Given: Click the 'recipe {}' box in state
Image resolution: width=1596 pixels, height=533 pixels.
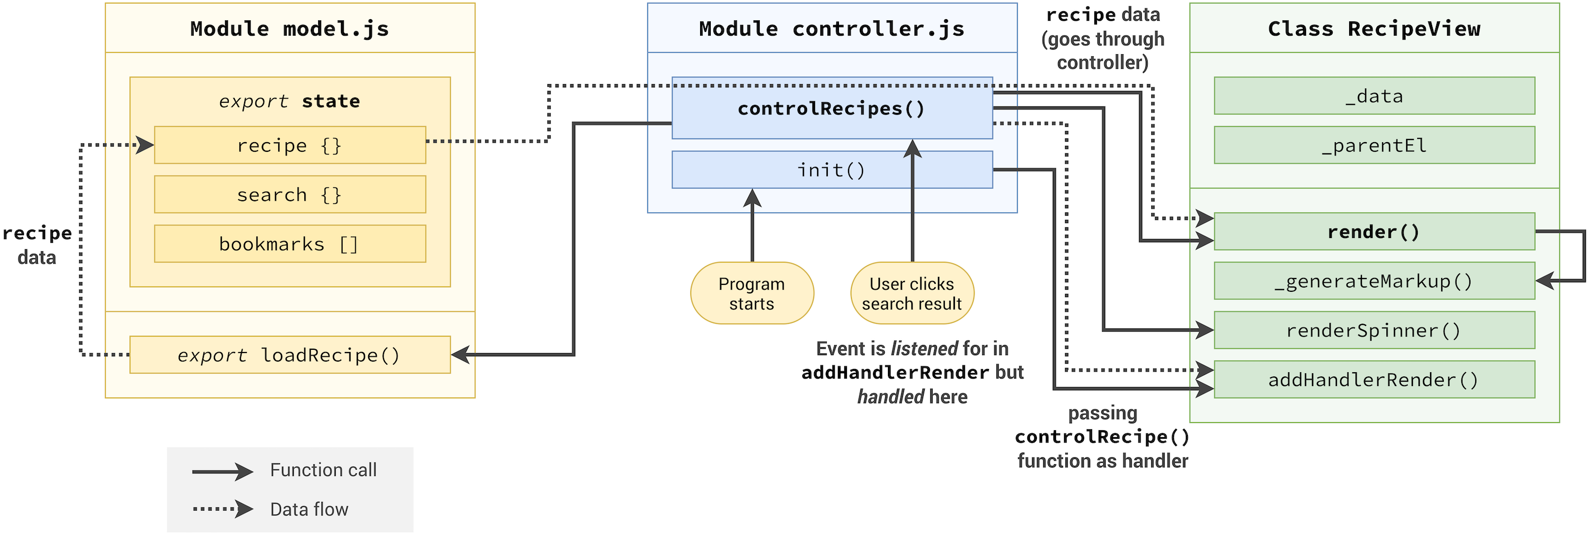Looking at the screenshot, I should pyautogui.click(x=289, y=145).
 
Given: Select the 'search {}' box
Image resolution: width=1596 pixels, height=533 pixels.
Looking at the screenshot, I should pyautogui.click(x=289, y=194).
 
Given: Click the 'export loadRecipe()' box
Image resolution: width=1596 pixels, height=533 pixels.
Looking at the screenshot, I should pyautogui.click(x=289, y=355).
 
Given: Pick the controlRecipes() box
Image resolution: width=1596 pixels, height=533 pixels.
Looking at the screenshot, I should pyautogui.click(x=832, y=109).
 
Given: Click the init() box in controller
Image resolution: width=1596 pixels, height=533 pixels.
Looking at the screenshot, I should pyautogui.click(x=832, y=170).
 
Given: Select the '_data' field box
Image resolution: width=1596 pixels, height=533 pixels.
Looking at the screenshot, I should pyautogui.click(x=1374, y=96).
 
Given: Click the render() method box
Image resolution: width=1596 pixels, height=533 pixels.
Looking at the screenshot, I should pyautogui.click(x=1374, y=232).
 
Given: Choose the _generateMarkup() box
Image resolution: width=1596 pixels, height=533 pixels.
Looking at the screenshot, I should pyautogui.click(x=1374, y=281).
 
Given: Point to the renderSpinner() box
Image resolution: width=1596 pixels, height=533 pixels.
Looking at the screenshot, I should pyautogui.click(x=1374, y=330).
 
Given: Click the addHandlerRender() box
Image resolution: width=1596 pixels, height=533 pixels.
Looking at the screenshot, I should pyautogui.click(x=1374, y=379).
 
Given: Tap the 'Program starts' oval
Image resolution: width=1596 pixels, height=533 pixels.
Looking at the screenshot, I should pyautogui.click(x=752, y=293).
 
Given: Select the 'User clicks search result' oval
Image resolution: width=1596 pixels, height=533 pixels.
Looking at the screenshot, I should pyautogui.click(x=911, y=293).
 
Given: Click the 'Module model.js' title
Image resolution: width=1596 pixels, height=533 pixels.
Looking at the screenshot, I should pyautogui.click(x=289, y=29).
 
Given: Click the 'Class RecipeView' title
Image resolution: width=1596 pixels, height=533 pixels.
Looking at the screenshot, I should pyautogui.click(x=1374, y=29).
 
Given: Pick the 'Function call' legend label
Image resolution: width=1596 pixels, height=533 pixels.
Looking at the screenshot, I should pyautogui.click(x=323, y=470).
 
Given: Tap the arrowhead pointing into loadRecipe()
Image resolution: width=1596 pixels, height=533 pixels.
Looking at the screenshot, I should pyautogui.click(x=460, y=355).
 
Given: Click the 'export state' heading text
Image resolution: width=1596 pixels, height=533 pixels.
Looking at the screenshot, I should pyautogui.click(x=289, y=101).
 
